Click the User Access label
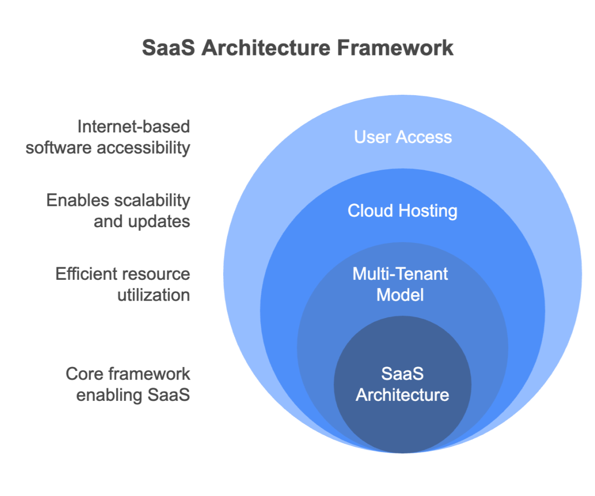(x=403, y=137)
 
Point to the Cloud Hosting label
(x=402, y=211)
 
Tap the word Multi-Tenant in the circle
(x=400, y=274)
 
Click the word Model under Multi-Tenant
(x=400, y=295)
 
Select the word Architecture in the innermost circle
(x=402, y=395)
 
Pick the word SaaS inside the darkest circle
(x=402, y=373)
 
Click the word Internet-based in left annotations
(x=134, y=126)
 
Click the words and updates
(x=142, y=222)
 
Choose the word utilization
(x=154, y=295)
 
